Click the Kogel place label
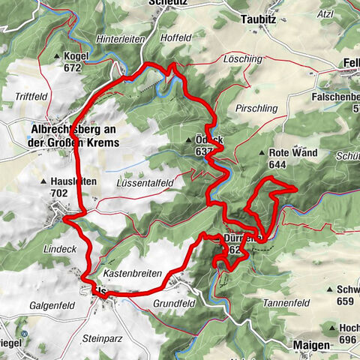[x=77, y=57]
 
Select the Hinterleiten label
[x=119, y=39]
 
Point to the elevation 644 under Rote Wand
[x=279, y=165]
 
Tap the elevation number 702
[x=60, y=192]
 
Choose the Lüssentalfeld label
[x=145, y=182]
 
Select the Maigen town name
[x=307, y=344]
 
